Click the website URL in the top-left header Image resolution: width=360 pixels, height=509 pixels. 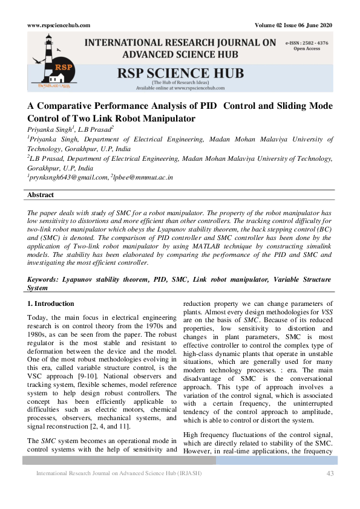[x=59, y=25]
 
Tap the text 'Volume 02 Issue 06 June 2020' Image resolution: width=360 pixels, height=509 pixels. [x=295, y=25]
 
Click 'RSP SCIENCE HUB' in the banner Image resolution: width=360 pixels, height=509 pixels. [x=180, y=74]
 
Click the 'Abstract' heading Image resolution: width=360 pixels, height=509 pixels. [x=41, y=195]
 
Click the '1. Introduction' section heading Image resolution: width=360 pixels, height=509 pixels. [x=51, y=303]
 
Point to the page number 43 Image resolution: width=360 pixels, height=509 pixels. [x=330, y=473]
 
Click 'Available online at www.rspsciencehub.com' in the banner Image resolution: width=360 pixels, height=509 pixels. [x=180, y=88]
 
